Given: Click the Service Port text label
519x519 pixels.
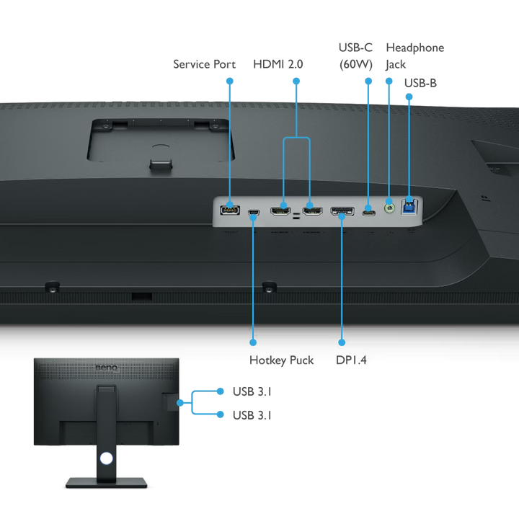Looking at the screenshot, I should point(204,63).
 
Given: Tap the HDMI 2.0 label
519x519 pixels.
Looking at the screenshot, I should point(278,63).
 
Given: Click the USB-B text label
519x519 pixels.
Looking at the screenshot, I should point(422,83).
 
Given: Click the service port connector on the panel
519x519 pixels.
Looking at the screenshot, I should point(230,210).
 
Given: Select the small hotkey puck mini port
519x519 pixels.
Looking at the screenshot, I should point(253,213).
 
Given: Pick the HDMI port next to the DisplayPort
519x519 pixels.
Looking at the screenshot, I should point(312,212).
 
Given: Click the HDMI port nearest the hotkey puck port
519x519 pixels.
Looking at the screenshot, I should point(280,212).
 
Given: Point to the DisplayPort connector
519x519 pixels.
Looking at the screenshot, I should point(342,212).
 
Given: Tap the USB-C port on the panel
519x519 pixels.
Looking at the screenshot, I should point(368,213).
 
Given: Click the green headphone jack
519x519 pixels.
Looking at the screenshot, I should point(390,208).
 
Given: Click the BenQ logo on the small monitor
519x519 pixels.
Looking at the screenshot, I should point(106,369).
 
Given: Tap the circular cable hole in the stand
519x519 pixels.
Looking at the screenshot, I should point(107,457).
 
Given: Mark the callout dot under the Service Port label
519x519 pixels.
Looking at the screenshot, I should point(229,81).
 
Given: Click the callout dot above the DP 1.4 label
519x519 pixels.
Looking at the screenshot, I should point(342,342).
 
